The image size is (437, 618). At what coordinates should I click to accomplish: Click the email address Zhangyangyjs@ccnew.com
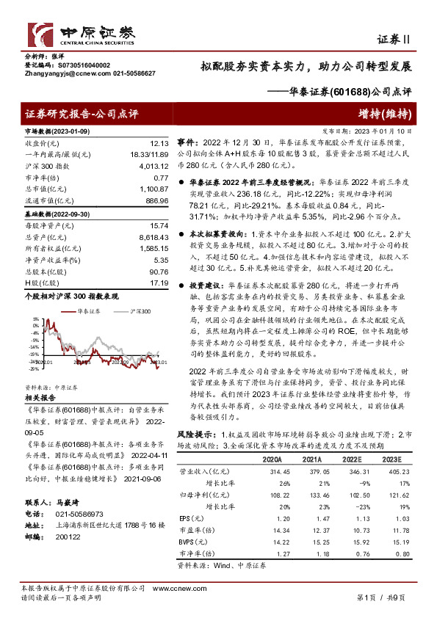tap(55, 73)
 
